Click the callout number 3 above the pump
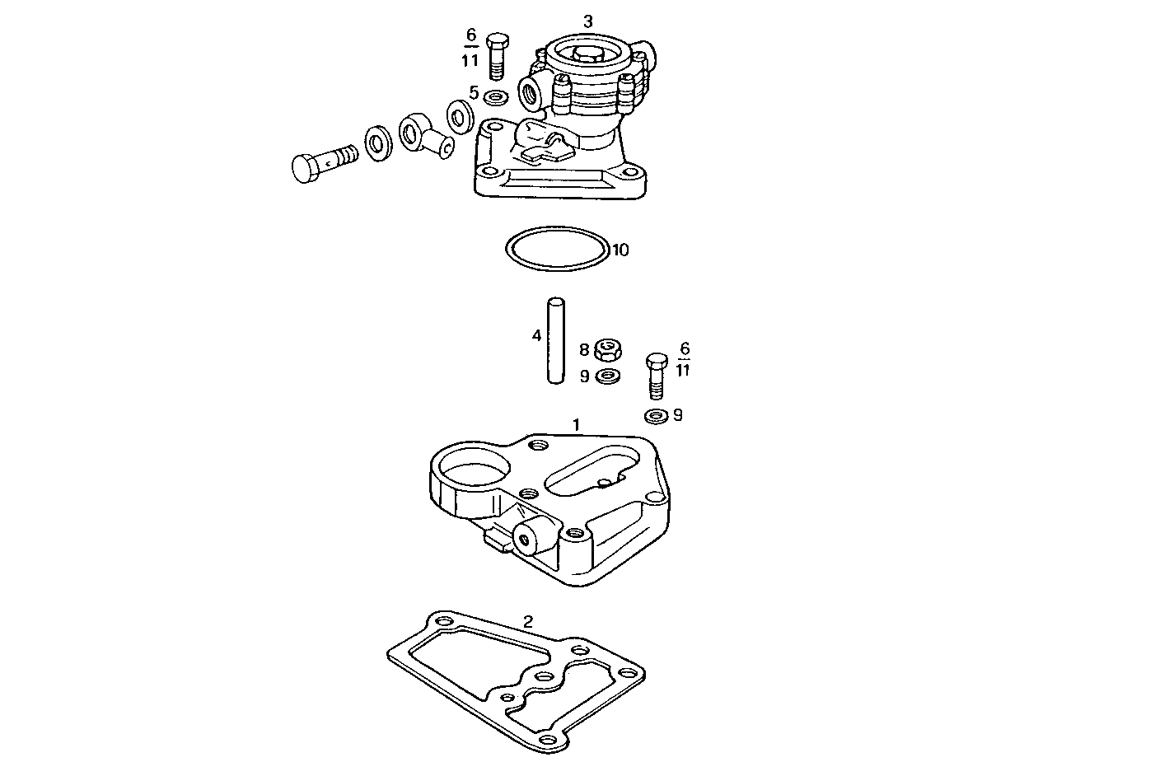[587, 21]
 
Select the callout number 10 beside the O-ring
[620, 250]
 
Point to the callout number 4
[536, 335]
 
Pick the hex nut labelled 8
[607, 351]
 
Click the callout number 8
[584, 351]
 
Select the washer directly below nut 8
[608, 376]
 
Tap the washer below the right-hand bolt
[656, 416]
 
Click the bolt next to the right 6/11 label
[656, 376]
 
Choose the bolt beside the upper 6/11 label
[497, 55]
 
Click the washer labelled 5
[497, 98]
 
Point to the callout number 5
[474, 93]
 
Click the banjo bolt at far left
[322, 161]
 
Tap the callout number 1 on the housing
[577, 425]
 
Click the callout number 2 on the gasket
[528, 621]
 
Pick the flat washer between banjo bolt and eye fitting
[379, 144]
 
